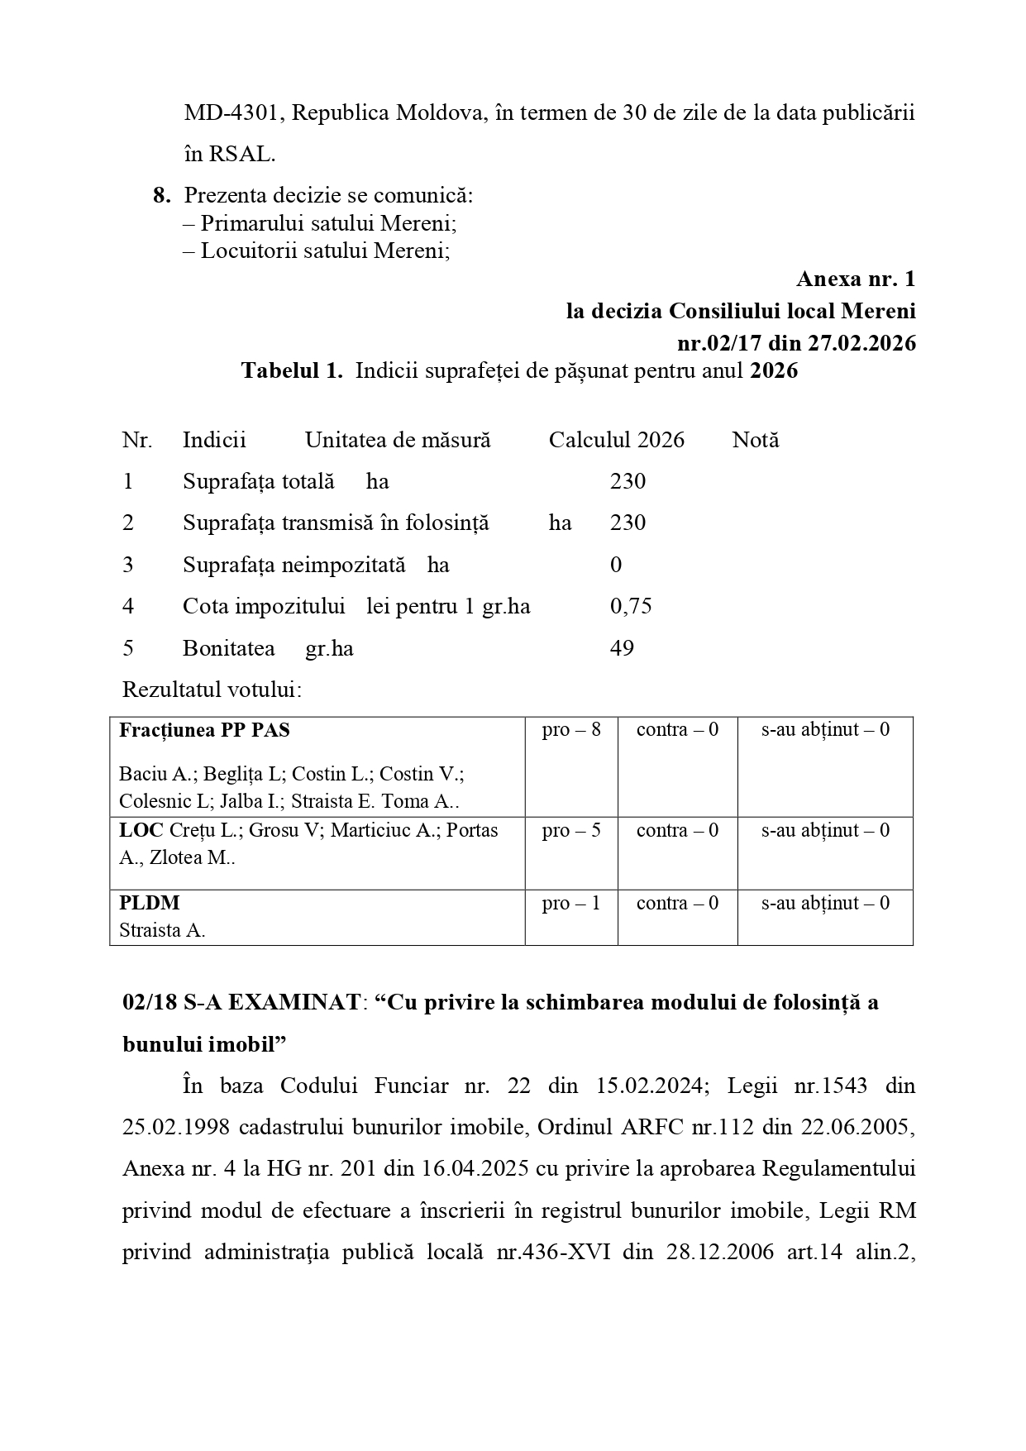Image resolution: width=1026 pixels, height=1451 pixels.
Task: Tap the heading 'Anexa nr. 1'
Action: tap(856, 279)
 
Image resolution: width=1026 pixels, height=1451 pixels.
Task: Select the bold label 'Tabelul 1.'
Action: tap(292, 370)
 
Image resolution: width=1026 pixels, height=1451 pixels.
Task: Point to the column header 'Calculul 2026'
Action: tap(616, 440)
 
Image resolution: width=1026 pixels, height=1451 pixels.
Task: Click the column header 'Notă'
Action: tap(755, 440)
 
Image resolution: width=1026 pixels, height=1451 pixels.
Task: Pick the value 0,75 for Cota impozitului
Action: tap(631, 606)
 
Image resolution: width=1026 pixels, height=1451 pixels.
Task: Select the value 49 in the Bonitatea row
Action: tap(622, 648)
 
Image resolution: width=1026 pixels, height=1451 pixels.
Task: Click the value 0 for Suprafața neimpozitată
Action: tap(616, 565)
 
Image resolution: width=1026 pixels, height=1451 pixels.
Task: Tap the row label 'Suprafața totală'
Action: tap(258, 481)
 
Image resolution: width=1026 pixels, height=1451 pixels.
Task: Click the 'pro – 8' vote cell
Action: tap(570, 729)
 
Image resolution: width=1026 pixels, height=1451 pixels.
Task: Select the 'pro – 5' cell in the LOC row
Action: tap(570, 830)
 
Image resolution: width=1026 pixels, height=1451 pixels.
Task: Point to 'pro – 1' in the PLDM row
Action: tap(570, 903)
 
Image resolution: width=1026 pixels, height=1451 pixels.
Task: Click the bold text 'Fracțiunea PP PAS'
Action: tap(204, 730)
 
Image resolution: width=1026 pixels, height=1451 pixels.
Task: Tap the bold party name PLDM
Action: tap(149, 903)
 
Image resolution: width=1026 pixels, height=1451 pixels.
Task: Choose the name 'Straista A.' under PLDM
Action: tap(162, 930)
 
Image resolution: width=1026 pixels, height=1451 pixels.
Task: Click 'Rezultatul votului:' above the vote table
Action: tap(212, 690)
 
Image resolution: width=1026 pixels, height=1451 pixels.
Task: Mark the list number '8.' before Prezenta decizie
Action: tap(162, 196)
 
